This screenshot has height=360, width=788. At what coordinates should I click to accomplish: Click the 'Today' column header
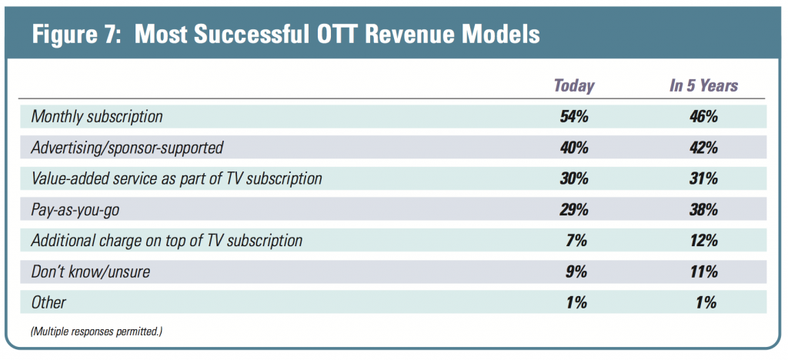[573, 85]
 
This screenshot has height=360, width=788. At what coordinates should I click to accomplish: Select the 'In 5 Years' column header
[703, 85]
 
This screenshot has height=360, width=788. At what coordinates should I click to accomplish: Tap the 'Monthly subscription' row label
[96, 116]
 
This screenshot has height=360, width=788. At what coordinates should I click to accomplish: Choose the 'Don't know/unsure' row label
[91, 272]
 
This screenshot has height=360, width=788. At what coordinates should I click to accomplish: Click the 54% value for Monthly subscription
[573, 116]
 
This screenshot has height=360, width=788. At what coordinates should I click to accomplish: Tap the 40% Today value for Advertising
[573, 148]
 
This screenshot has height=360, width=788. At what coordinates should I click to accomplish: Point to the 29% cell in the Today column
[573, 209]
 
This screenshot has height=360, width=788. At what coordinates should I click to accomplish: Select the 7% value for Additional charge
[576, 241]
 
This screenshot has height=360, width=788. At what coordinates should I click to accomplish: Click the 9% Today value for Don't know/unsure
[576, 272]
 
